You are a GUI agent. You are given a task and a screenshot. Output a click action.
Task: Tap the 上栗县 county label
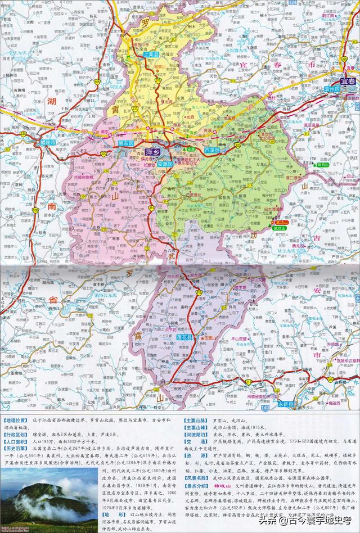click(151, 55)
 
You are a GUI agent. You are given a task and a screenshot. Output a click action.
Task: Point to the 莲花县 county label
click(184, 337)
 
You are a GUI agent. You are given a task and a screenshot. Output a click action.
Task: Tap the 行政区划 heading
click(15, 434)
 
